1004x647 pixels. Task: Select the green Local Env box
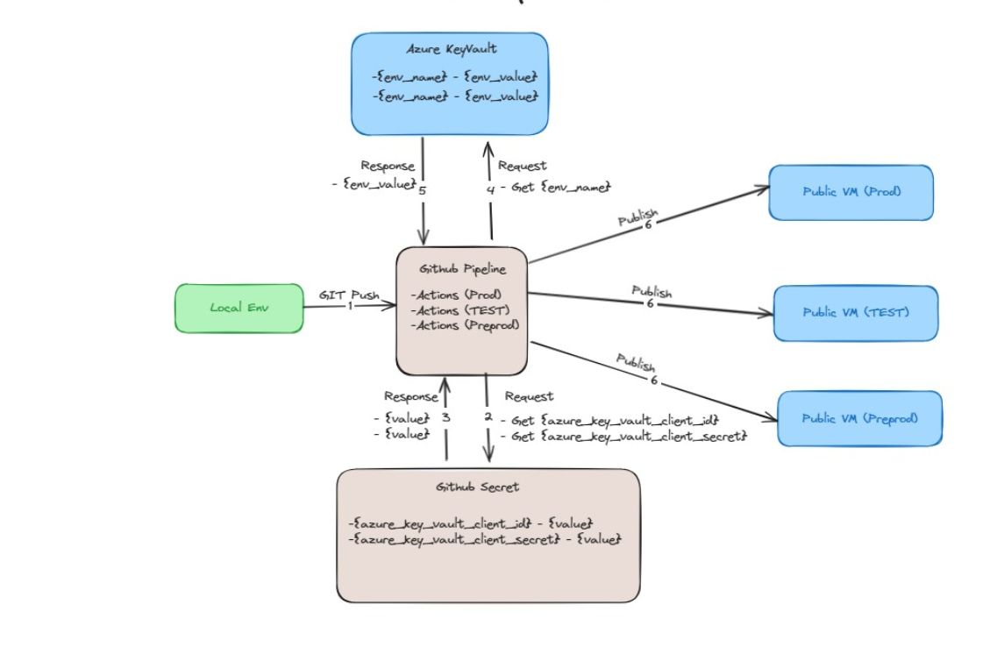[239, 308]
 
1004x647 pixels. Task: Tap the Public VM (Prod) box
[851, 192]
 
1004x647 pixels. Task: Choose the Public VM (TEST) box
[856, 312]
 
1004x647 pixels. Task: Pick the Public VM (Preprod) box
[859, 418]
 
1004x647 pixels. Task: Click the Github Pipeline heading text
[461, 269]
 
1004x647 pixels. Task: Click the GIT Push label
[349, 295]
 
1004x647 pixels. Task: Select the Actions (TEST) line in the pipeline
[459, 309]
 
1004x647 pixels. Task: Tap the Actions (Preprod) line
[465, 325]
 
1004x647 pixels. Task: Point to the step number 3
[445, 418]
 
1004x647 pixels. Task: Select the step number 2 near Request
[488, 417]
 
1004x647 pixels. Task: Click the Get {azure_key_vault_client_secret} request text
[628, 436]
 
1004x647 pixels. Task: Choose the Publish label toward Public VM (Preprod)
[636, 362]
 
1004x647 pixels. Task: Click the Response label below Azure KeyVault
[387, 166]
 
